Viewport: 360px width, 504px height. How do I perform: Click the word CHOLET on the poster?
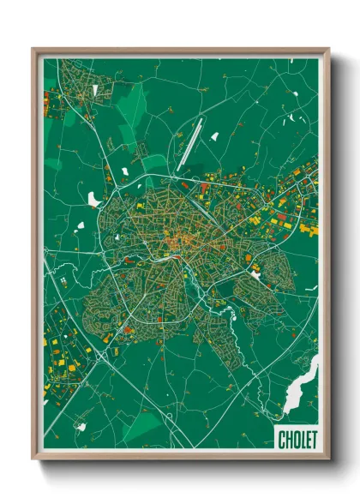(296, 440)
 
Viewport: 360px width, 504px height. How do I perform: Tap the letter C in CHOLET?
(282, 440)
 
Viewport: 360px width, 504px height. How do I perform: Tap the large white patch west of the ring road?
(93, 199)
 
